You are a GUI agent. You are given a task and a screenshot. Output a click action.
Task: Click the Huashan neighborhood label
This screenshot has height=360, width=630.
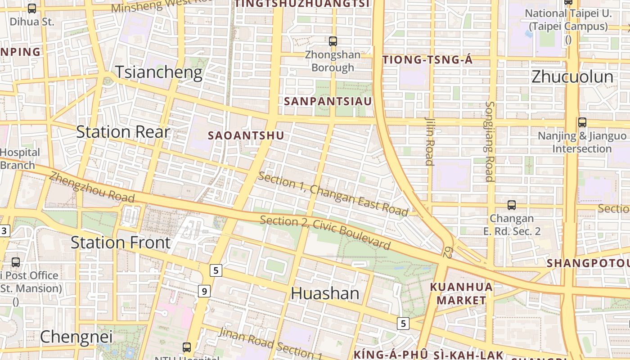point(325,294)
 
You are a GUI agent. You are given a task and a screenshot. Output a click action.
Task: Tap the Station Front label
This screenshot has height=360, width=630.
point(121,243)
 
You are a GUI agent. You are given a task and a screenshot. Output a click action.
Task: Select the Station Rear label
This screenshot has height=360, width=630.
point(123,132)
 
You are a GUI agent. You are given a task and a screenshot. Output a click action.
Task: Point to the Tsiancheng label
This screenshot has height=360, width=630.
point(159,72)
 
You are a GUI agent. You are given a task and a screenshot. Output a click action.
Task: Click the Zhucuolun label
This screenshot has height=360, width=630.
point(572,77)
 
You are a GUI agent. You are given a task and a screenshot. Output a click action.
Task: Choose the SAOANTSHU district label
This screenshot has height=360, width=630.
point(246,135)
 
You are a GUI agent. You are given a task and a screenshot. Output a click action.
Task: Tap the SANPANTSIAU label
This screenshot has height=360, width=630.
point(328,101)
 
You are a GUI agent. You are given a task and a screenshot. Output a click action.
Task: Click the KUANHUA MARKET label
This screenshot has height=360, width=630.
point(461,293)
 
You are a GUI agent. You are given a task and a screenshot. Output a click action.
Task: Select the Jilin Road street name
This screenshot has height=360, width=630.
point(429,141)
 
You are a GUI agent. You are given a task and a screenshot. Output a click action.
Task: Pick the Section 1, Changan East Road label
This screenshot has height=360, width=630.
point(333,194)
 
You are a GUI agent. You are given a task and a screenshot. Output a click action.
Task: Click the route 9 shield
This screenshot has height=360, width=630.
point(204,291)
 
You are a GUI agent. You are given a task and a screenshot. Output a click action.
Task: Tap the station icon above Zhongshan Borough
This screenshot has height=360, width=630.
point(333,41)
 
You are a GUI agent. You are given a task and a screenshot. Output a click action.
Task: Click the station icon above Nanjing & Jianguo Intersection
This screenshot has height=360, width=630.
point(582,122)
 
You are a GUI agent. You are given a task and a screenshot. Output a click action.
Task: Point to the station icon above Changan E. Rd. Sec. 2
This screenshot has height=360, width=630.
point(512,205)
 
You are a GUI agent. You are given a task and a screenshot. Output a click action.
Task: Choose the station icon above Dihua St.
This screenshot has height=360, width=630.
point(32,8)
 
